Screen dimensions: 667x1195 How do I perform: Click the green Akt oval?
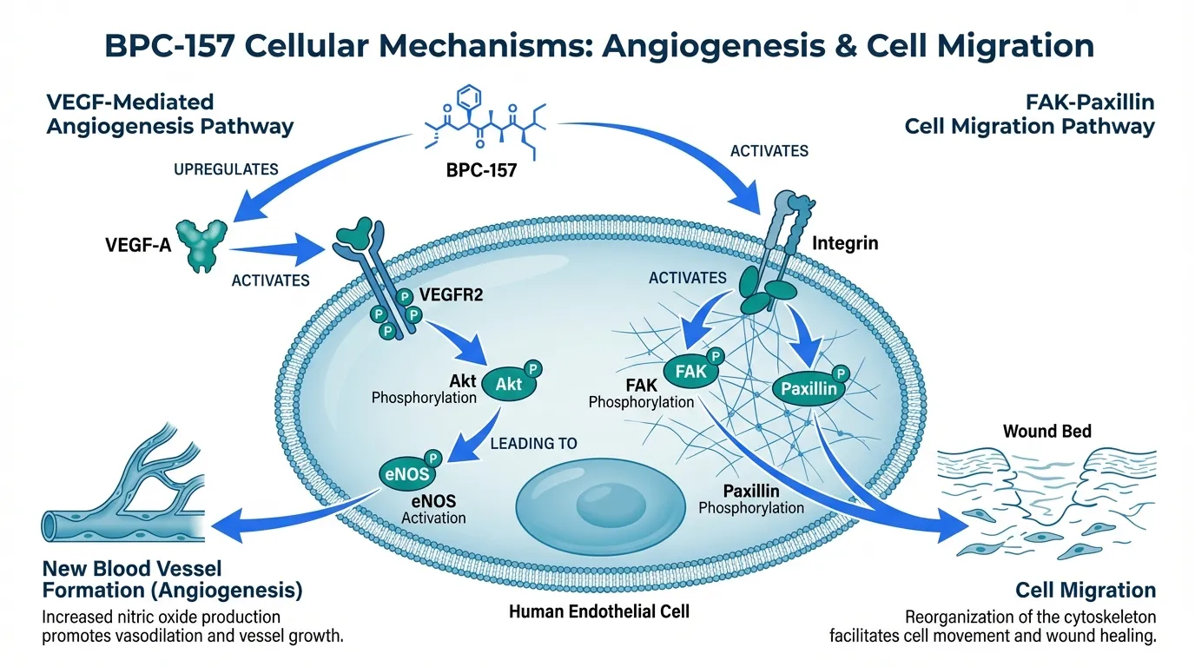pos(508,382)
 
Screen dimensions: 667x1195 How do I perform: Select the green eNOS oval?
pos(406,472)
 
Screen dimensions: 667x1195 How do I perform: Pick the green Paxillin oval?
pos(808,388)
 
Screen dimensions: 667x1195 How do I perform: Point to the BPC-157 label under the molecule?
pos(481,170)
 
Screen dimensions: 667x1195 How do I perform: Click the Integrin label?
pos(844,243)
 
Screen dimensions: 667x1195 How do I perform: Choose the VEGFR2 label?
pos(451,294)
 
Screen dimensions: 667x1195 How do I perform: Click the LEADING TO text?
pos(534,443)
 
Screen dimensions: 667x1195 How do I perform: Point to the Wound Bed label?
pos(1046,431)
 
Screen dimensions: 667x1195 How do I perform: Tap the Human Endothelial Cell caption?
pos(598,611)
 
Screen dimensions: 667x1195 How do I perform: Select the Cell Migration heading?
pos(1086,591)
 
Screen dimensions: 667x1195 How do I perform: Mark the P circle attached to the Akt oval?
pos(532,368)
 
